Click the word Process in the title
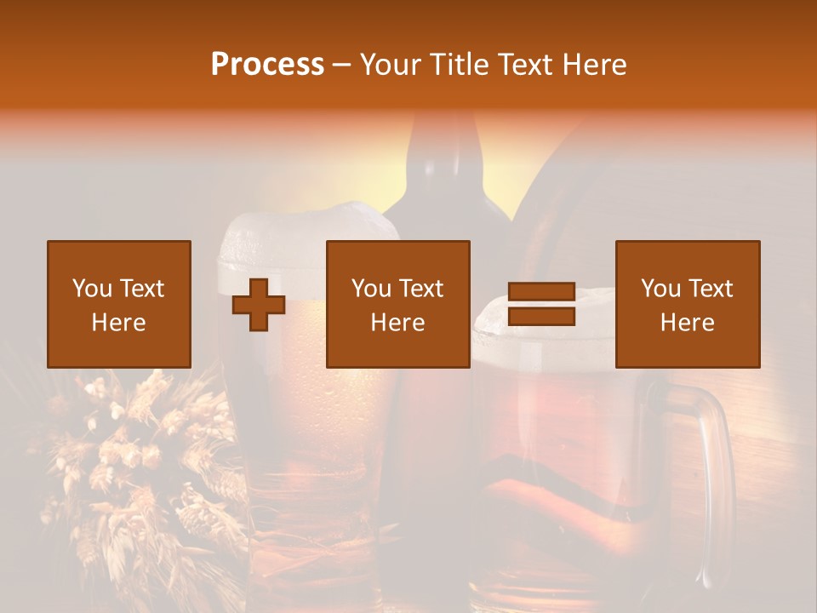[x=267, y=65]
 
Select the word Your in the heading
[x=391, y=65]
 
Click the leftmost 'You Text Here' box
[x=119, y=304]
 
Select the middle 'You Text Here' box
[x=397, y=304]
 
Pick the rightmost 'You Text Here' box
[x=688, y=304]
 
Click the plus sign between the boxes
[x=259, y=305]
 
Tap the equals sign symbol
[x=541, y=305]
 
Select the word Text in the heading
[x=522, y=65]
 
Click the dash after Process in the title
[x=341, y=65]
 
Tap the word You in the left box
[x=92, y=289]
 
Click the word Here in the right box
[x=688, y=323]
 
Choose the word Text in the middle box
[x=420, y=289]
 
